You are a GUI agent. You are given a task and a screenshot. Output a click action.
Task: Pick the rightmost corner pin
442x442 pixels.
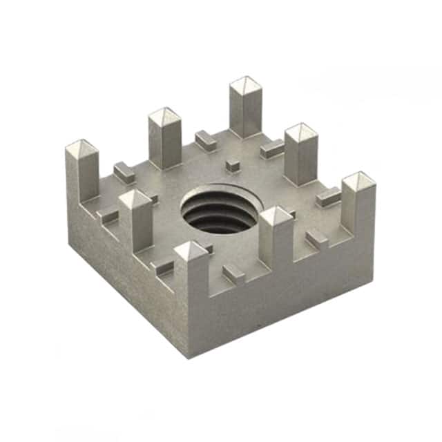[358, 200]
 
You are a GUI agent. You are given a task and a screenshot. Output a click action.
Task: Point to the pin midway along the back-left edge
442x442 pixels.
[164, 138]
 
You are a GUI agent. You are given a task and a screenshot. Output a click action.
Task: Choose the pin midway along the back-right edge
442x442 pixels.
[301, 153]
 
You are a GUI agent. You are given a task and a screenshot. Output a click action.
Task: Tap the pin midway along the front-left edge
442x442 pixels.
[135, 220]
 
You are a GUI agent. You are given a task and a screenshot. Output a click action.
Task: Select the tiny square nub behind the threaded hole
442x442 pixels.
[233, 166]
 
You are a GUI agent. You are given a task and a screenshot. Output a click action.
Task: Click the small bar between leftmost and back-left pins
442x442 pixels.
[124, 173]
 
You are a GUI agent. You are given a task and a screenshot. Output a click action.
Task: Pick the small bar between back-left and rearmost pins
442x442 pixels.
[205, 140]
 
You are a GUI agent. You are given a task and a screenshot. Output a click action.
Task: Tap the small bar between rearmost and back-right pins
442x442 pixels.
[271, 148]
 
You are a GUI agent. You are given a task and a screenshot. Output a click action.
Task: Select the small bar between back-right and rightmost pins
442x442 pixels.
[328, 198]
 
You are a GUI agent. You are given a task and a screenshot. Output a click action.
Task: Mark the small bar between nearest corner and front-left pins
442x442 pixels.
[163, 267]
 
